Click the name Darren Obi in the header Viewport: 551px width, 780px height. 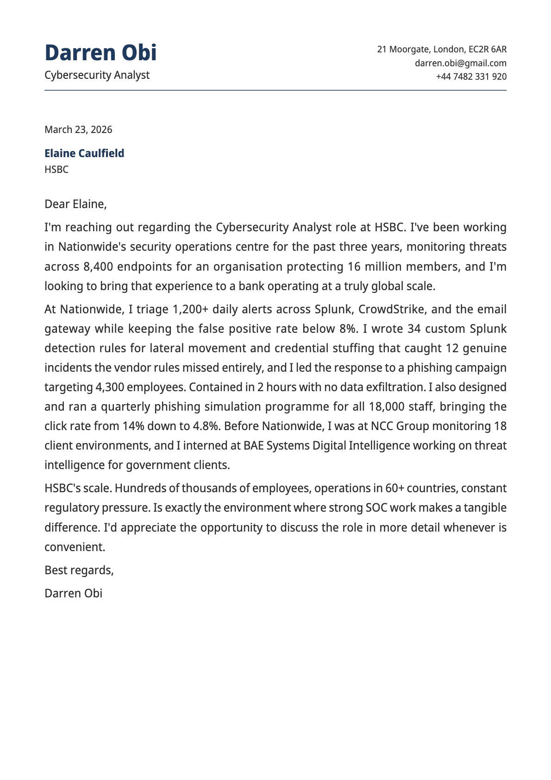100,53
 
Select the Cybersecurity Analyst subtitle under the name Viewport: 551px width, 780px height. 97,75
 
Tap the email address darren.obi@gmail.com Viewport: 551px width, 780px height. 460,63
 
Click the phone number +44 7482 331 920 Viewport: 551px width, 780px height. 471,76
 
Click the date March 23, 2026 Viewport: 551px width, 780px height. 78,129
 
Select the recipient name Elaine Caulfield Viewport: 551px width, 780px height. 84,153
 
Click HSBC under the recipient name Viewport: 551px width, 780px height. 56,170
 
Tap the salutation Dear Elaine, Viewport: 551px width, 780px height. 75,204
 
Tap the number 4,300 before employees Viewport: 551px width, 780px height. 110,387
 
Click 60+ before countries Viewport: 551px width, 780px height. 394,488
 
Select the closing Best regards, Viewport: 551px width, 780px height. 79,570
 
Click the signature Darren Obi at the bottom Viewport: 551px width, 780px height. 73,593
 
